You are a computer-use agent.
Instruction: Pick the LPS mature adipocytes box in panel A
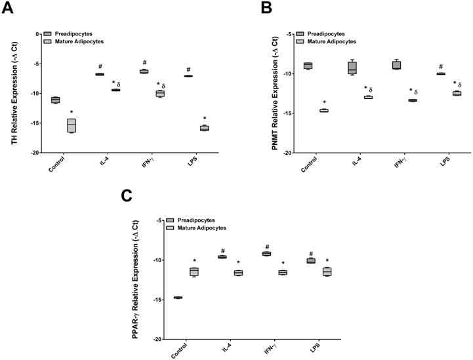[205, 128]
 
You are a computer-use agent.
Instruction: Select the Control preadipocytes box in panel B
[308, 66]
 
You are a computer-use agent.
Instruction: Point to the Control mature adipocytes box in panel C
[194, 271]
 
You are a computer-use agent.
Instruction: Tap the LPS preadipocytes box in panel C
[311, 261]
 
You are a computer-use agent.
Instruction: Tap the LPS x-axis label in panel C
[316, 349]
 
